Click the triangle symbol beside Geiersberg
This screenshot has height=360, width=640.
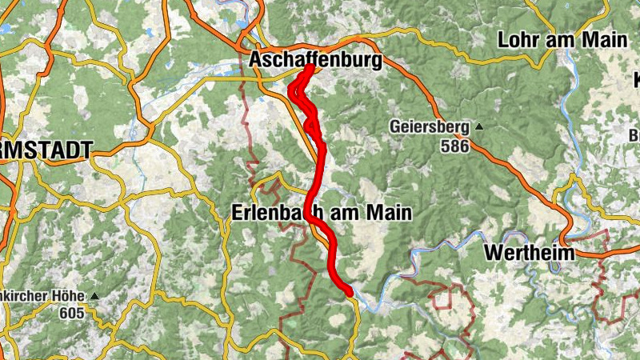[478, 126]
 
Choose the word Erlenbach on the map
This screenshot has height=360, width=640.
[278, 214]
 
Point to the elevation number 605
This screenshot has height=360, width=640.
[71, 313]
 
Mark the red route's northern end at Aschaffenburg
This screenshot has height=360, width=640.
[308, 68]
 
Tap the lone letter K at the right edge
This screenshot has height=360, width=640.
[634, 80]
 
